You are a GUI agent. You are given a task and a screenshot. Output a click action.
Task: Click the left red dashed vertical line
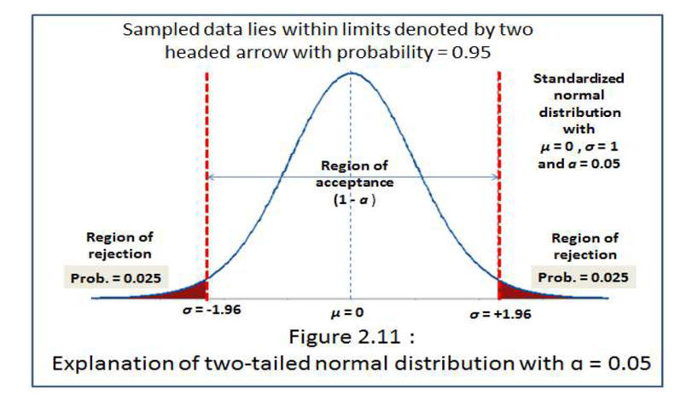coord(207,171)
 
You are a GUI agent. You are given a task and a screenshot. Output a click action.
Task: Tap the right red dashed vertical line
coord(498,171)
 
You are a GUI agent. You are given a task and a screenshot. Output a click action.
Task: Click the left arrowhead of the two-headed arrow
coord(212,177)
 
